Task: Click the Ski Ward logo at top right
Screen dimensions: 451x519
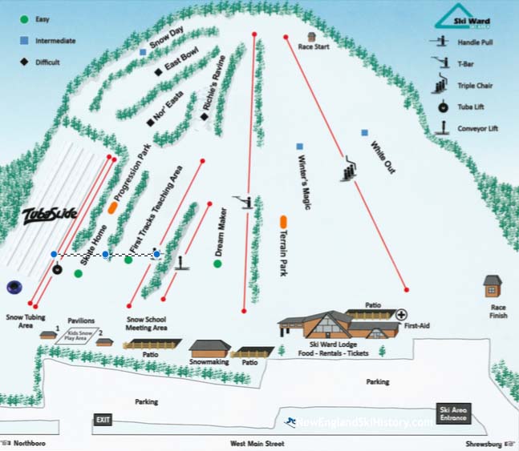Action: (x=462, y=18)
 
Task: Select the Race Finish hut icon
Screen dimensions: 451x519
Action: (x=493, y=286)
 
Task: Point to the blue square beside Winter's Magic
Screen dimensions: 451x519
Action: (x=300, y=147)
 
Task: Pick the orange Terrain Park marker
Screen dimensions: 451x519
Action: (x=284, y=221)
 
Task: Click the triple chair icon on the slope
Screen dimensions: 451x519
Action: (x=350, y=171)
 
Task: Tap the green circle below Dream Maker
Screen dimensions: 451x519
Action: (x=217, y=263)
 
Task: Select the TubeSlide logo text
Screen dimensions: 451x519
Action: (x=50, y=214)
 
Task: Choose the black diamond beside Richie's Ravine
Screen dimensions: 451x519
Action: (x=205, y=117)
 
